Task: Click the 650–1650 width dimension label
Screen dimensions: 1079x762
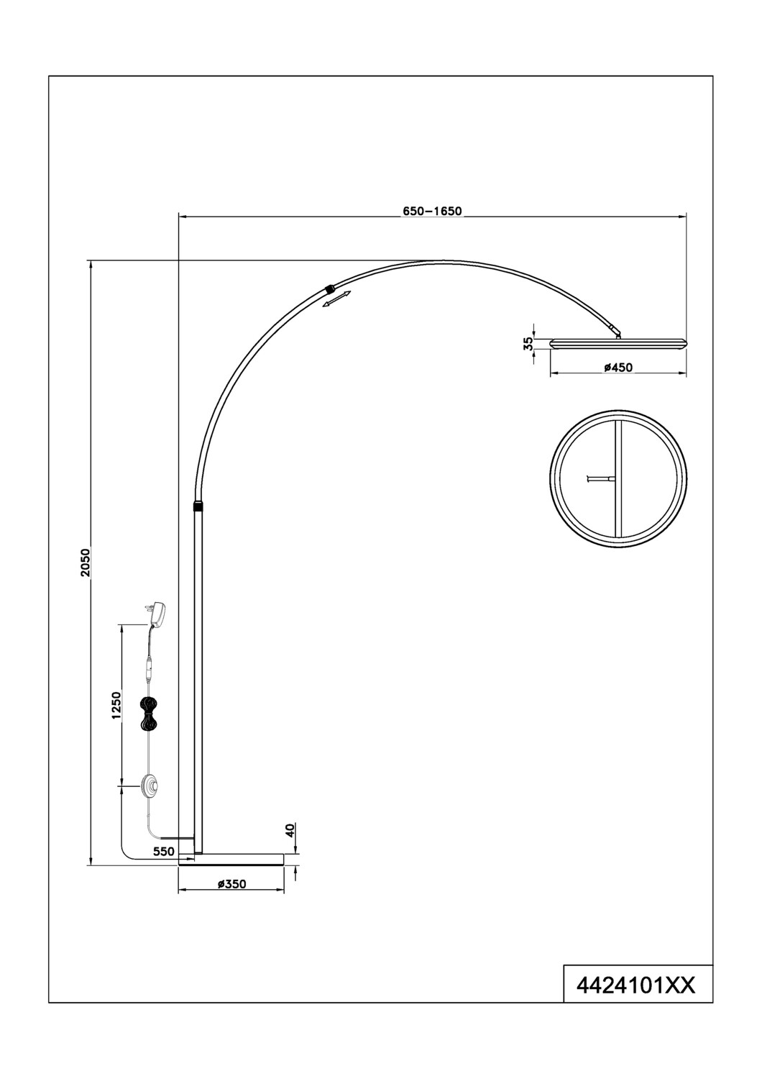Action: point(431,211)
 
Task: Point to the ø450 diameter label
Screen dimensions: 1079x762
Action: point(618,368)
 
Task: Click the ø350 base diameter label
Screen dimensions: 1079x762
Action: point(231,884)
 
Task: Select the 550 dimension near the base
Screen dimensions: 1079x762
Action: point(165,850)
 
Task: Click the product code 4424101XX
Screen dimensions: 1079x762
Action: point(638,984)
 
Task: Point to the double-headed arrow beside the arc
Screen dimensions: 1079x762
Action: point(336,300)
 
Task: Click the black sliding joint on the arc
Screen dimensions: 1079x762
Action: point(329,288)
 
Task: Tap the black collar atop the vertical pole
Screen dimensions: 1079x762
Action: point(198,506)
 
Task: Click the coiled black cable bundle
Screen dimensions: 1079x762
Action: point(150,713)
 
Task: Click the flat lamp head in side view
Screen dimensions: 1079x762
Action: point(618,341)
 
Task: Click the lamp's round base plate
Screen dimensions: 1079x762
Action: point(231,859)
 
